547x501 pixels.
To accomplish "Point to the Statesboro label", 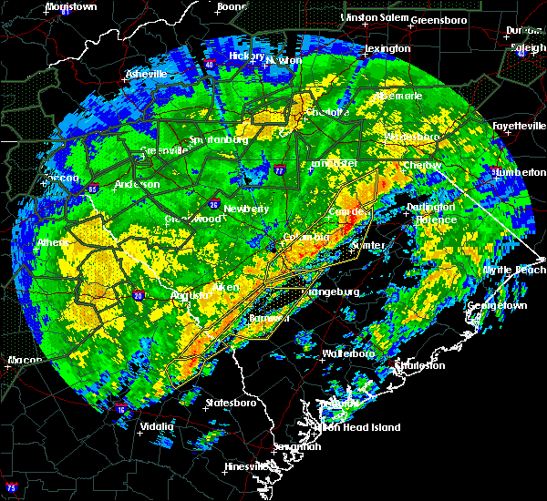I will coord(232,402).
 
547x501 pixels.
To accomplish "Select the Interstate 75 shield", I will coord(11,486).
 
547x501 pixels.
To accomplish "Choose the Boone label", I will coord(231,6).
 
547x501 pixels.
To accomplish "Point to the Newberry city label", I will coord(246,209).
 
